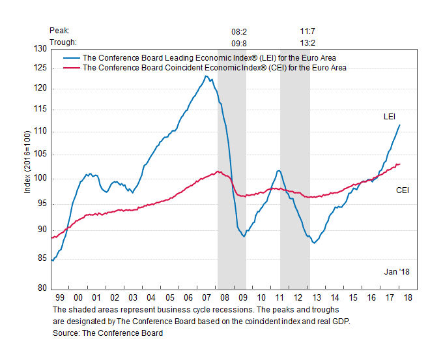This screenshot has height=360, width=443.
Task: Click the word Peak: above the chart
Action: click(59, 31)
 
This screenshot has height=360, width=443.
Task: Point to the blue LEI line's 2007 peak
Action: click(206, 76)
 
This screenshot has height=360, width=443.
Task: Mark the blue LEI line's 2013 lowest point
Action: click(314, 243)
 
